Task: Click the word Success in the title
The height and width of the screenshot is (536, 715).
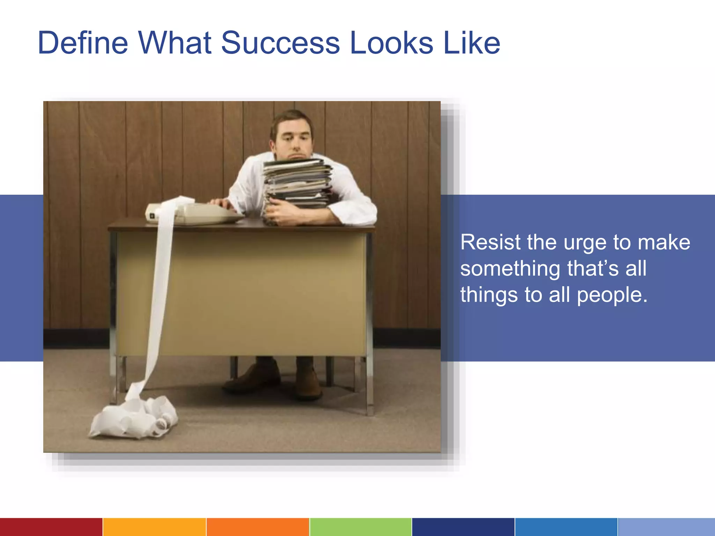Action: (280, 43)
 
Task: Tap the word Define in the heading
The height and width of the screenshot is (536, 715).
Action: (83, 43)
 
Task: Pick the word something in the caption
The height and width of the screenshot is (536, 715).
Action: (510, 269)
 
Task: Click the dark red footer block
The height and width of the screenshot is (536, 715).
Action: (51, 527)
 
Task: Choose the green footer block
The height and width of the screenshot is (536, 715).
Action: (361, 527)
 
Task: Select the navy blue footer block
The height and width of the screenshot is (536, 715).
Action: (463, 527)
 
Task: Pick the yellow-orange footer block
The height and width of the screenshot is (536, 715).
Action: (154, 527)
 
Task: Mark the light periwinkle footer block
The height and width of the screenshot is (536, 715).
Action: (666, 527)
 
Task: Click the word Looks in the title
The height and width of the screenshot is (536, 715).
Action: (391, 43)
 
